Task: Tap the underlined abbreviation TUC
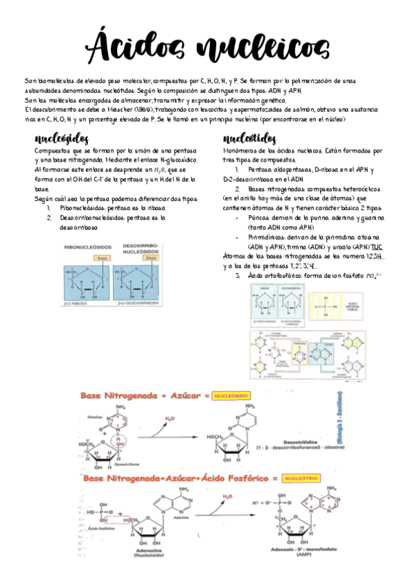376,247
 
